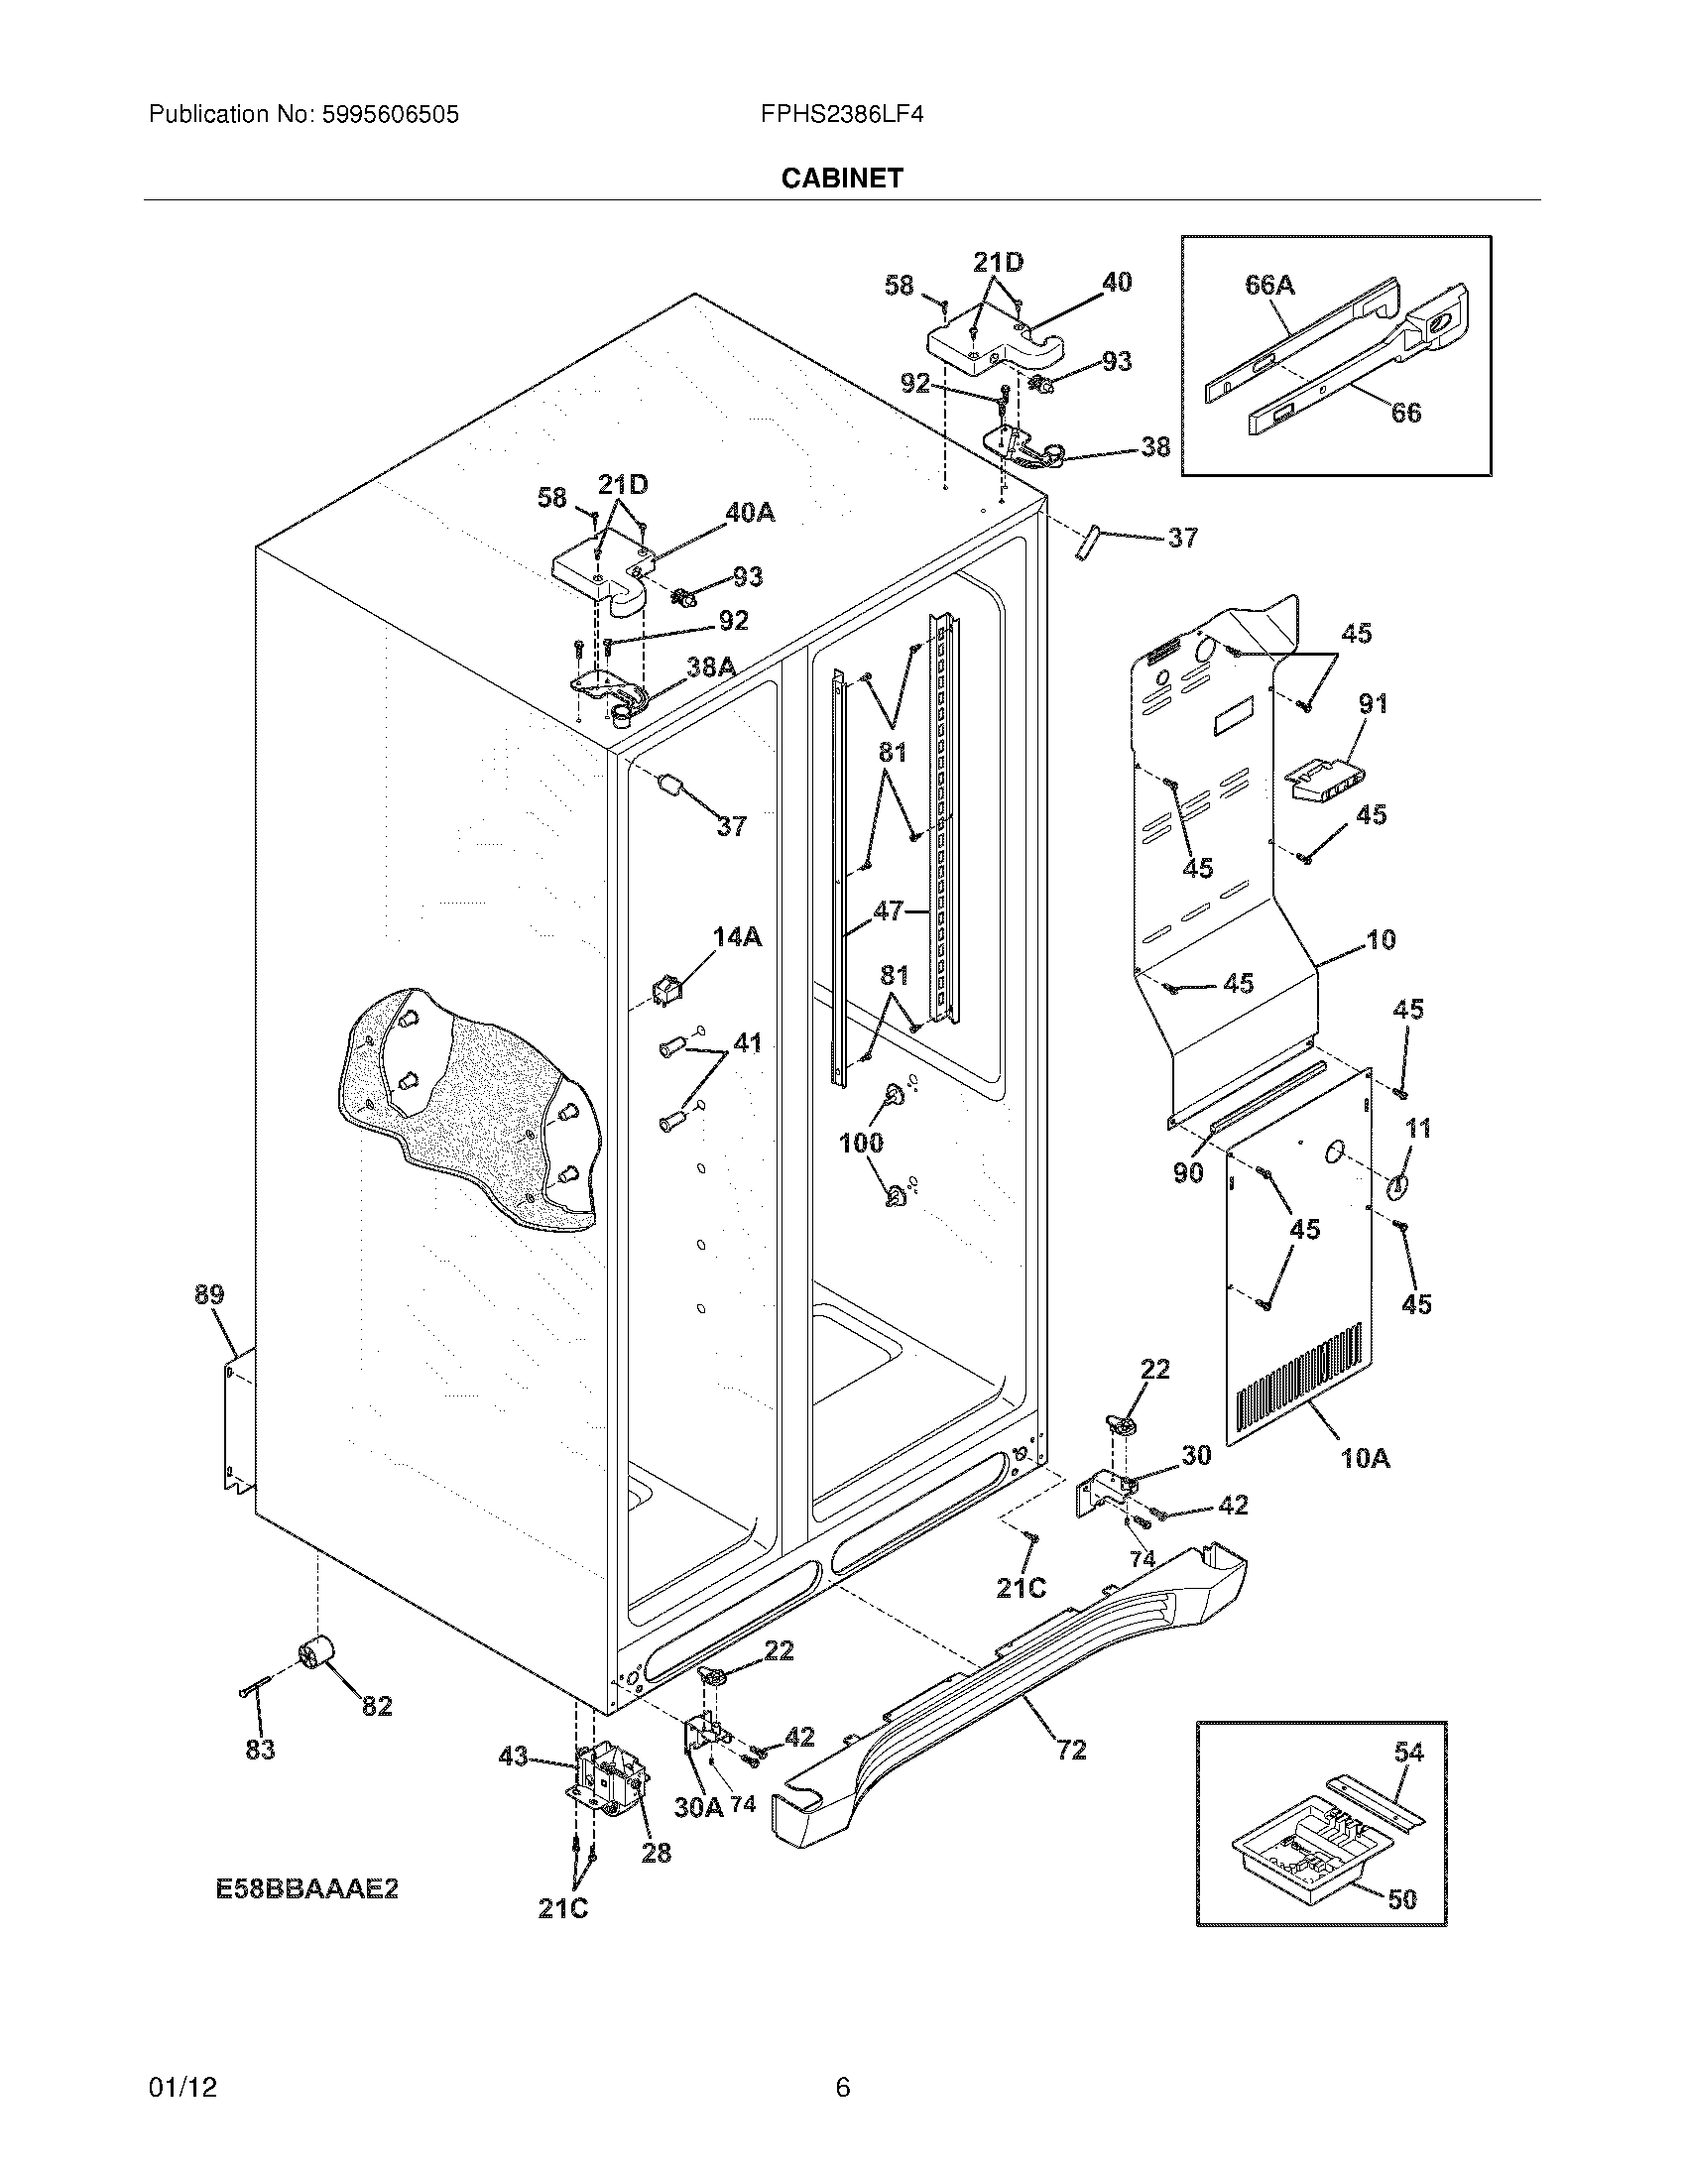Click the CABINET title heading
pyautogui.click(x=841, y=178)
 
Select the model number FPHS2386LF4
pyautogui.click(x=841, y=115)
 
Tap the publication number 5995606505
pyautogui.click(x=390, y=115)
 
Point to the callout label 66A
pyautogui.click(x=1269, y=286)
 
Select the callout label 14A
pyautogui.click(x=736, y=936)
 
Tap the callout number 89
pyautogui.click(x=208, y=1294)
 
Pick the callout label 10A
pyautogui.click(x=1365, y=1458)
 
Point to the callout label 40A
pyautogui.click(x=749, y=513)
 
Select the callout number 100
pyautogui.click(x=861, y=1142)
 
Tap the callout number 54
pyautogui.click(x=1408, y=1752)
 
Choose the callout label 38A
pyautogui.click(x=711, y=667)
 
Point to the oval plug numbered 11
pyautogui.click(x=1396, y=1185)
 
